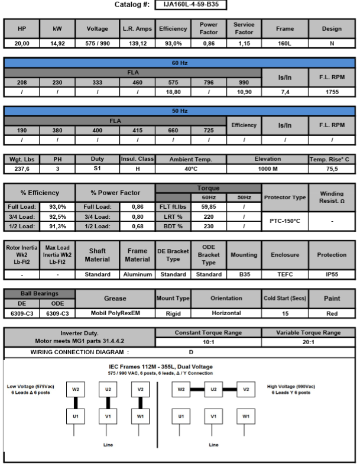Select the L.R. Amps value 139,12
(x=137, y=44)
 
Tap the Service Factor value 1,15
(x=244, y=44)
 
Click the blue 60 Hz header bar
(x=179, y=62)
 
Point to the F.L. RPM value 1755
(x=332, y=92)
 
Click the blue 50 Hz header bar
(x=179, y=111)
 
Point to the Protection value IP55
(x=332, y=274)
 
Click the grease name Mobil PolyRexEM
(x=115, y=313)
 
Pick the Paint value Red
(x=332, y=313)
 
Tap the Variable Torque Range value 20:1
(x=307, y=342)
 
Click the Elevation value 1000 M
(x=268, y=169)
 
